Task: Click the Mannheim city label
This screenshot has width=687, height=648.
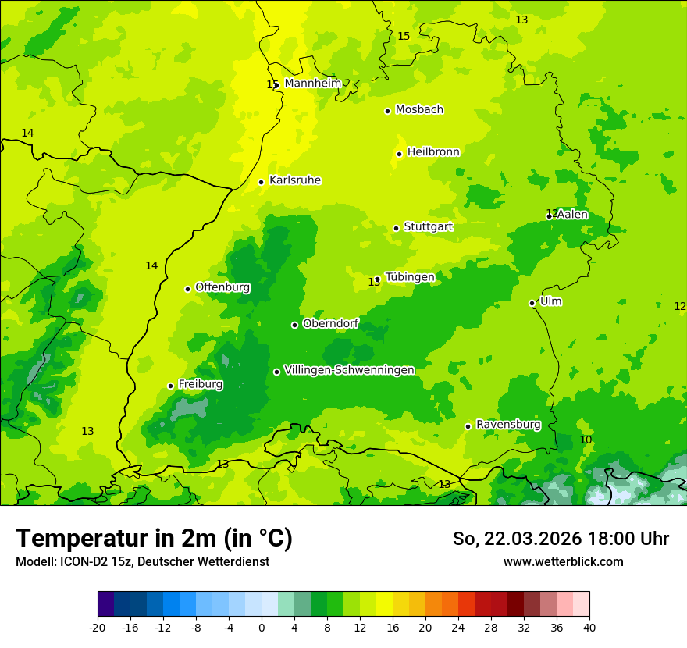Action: click(x=312, y=84)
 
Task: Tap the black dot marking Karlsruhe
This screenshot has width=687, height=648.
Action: click(x=262, y=182)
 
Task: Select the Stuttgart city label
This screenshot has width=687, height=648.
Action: click(x=428, y=227)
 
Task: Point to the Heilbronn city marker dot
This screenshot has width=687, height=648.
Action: click(x=399, y=154)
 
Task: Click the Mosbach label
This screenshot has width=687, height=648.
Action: click(x=419, y=110)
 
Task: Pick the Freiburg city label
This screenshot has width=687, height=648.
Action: click(x=201, y=384)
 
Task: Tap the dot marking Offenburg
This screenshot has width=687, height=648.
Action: click(x=187, y=289)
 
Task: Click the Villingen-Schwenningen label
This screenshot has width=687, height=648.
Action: click(x=349, y=370)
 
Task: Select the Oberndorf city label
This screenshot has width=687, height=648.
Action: click(x=330, y=323)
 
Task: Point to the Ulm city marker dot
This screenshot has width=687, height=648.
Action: click(x=532, y=303)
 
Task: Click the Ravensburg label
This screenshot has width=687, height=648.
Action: click(x=508, y=425)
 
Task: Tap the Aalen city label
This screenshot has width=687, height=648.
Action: click(x=572, y=215)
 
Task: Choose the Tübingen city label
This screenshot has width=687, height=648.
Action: click(x=410, y=277)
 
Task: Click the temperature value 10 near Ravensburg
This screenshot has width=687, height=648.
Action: click(x=586, y=440)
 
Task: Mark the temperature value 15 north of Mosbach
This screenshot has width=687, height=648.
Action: click(x=404, y=37)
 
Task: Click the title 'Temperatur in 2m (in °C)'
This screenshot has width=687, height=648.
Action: click(x=154, y=538)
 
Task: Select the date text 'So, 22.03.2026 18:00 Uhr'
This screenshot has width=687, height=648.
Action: click(x=561, y=539)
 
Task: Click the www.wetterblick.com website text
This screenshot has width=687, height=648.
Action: click(x=563, y=561)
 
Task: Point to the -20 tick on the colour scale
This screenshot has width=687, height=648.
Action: click(x=98, y=627)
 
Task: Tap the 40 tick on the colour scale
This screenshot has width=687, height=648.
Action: click(x=589, y=627)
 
